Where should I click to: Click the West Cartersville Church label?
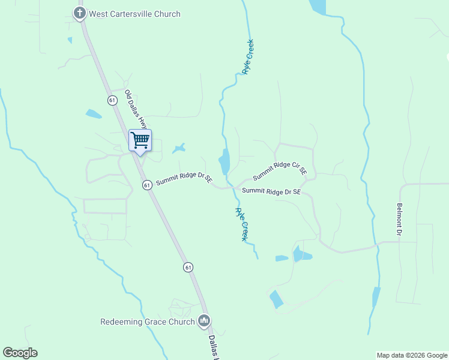(134, 14)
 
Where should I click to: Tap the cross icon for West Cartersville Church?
(79, 13)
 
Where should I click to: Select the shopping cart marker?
(140, 141)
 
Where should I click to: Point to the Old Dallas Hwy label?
(136, 110)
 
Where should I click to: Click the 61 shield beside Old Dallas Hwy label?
(112, 100)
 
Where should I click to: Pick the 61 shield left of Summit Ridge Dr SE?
(147, 185)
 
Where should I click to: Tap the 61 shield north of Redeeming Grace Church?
(188, 266)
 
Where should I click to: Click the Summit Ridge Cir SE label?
(280, 171)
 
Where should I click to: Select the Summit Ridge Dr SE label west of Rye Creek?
(184, 180)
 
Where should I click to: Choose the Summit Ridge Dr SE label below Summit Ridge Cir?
(271, 191)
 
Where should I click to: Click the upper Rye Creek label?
(248, 57)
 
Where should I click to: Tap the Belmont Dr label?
(399, 218)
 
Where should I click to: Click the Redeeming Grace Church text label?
(147, 322)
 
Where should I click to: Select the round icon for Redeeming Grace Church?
(204, 322)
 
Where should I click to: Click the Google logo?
(20, 353)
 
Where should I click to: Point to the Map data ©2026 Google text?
(412, 355)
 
